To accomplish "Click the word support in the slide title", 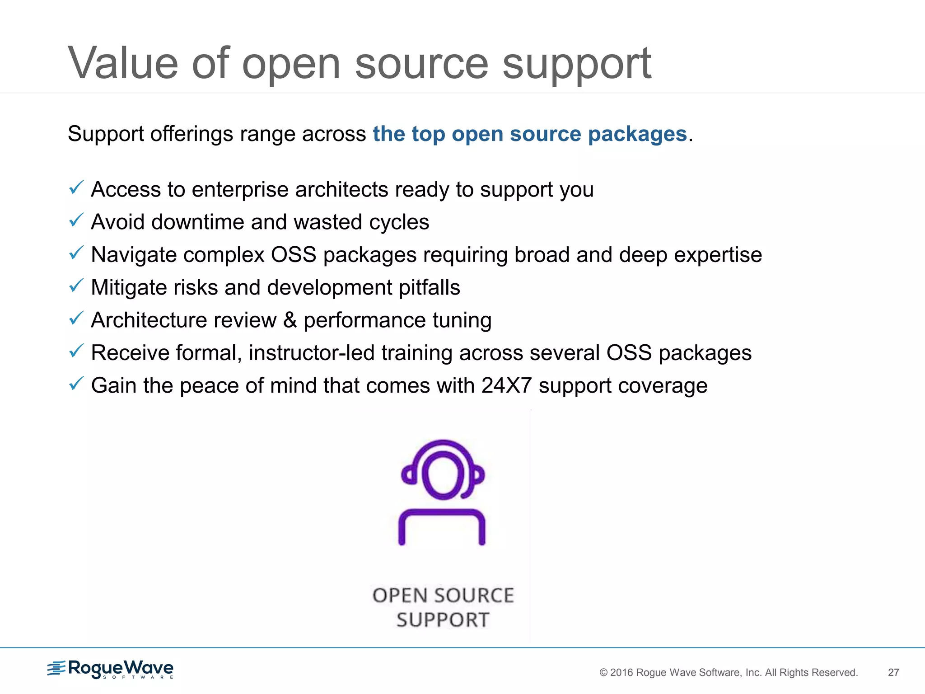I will tap(577, 64).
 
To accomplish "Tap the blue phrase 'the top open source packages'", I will tap(529, 134).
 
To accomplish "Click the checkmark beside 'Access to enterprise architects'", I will tap(76, 187).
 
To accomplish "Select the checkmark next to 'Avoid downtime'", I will tap(76, 220).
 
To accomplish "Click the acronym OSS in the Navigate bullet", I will tap(293, 254).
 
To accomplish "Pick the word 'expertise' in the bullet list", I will tap(718, 254).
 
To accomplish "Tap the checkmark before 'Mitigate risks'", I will tap(76, 286).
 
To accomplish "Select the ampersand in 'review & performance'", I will tap(290, 320).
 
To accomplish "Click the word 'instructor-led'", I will tap(311, 353).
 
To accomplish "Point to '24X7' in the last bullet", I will tap(506, 385).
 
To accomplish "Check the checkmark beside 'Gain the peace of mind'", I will tap(76, 384).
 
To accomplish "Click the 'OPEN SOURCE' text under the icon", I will tap(443, 596).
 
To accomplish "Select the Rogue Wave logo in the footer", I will tap(111, 669).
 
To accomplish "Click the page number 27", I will tap(893, 672).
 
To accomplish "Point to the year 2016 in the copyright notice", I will tap(621, 672).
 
